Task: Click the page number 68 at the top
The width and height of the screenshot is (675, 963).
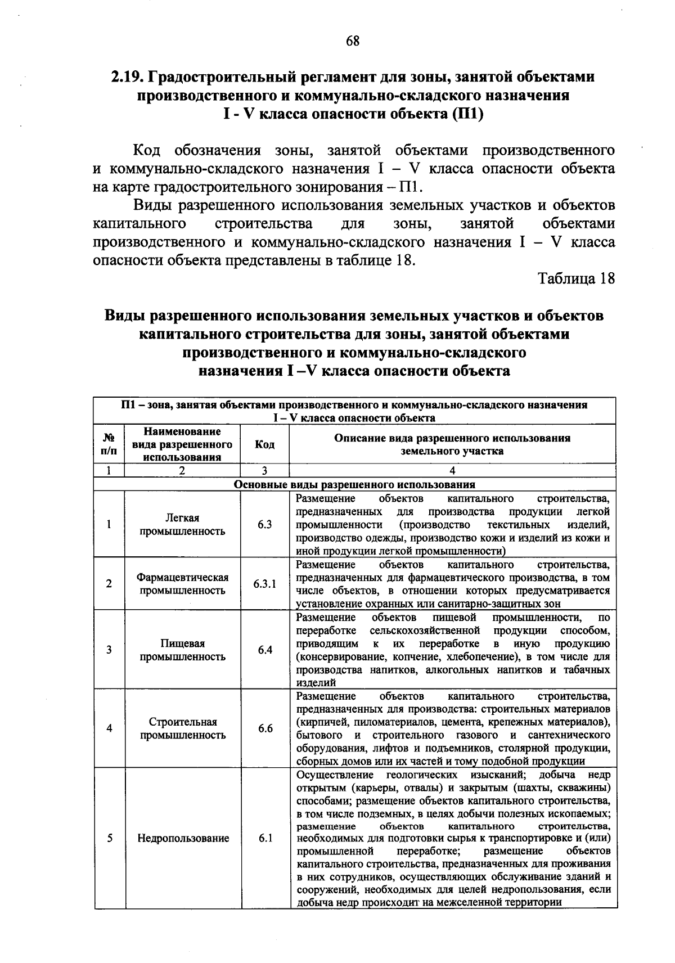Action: click(x=353, y=40)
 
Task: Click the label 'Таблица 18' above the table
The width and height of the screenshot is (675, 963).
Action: click(x=577, y=278)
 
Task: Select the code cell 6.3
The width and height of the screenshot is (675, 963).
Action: click(x=265, y=524)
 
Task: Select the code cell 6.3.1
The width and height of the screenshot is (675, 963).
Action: click(x=265, y=584)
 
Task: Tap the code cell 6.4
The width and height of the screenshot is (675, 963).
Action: click(x=265, y=650)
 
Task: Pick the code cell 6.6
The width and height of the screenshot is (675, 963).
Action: click(x=265, y=728)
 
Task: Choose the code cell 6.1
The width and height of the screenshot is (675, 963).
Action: click(x=265, y=838)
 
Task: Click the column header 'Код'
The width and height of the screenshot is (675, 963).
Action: click(x=265, y=444)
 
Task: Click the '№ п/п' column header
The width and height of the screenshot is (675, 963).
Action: click(x=109, y=444)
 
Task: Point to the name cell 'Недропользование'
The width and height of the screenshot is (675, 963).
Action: click(x=183, y=838)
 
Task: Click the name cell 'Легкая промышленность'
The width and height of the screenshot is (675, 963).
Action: click(x=183, y=524)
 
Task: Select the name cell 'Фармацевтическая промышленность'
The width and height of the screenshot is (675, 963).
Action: click(x=183, y=584)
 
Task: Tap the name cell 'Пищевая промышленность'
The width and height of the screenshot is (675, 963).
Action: click(x=183, y=650)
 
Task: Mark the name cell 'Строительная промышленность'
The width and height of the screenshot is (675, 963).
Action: click(x=183, y=728)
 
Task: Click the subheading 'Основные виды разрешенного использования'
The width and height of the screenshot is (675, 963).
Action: click(x=354, y=484)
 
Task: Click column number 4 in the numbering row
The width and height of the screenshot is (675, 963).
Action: click(x=452, y=471)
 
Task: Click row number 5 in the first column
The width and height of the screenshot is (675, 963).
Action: click(x=109, y=838)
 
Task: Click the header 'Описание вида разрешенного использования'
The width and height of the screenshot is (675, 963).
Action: click(x=452, y=438)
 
